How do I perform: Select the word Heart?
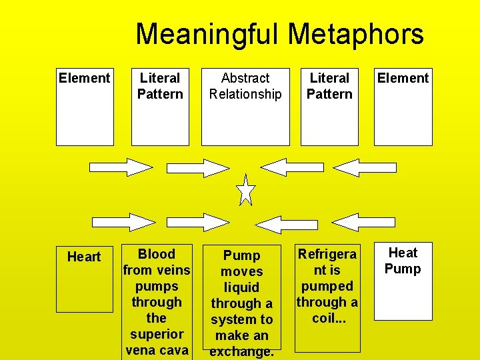coord(84,257)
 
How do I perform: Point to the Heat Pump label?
coord(403,261)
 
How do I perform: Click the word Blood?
coord(156,254)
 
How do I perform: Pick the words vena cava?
coord(157,350)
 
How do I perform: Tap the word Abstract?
coord(245,78)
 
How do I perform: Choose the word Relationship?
coord(245,94)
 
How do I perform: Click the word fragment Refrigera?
coord(327,254)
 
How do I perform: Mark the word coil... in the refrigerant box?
coord(327,318)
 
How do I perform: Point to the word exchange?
coord(241,351)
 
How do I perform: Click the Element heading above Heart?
coord(84,78)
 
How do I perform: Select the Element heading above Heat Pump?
coord(403,78)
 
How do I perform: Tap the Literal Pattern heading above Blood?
coord(160,86)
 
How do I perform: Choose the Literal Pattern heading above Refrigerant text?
coord(329,86)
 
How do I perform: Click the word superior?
coord(157,334)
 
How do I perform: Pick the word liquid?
coord(241,287)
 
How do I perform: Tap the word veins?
coord(173,270)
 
